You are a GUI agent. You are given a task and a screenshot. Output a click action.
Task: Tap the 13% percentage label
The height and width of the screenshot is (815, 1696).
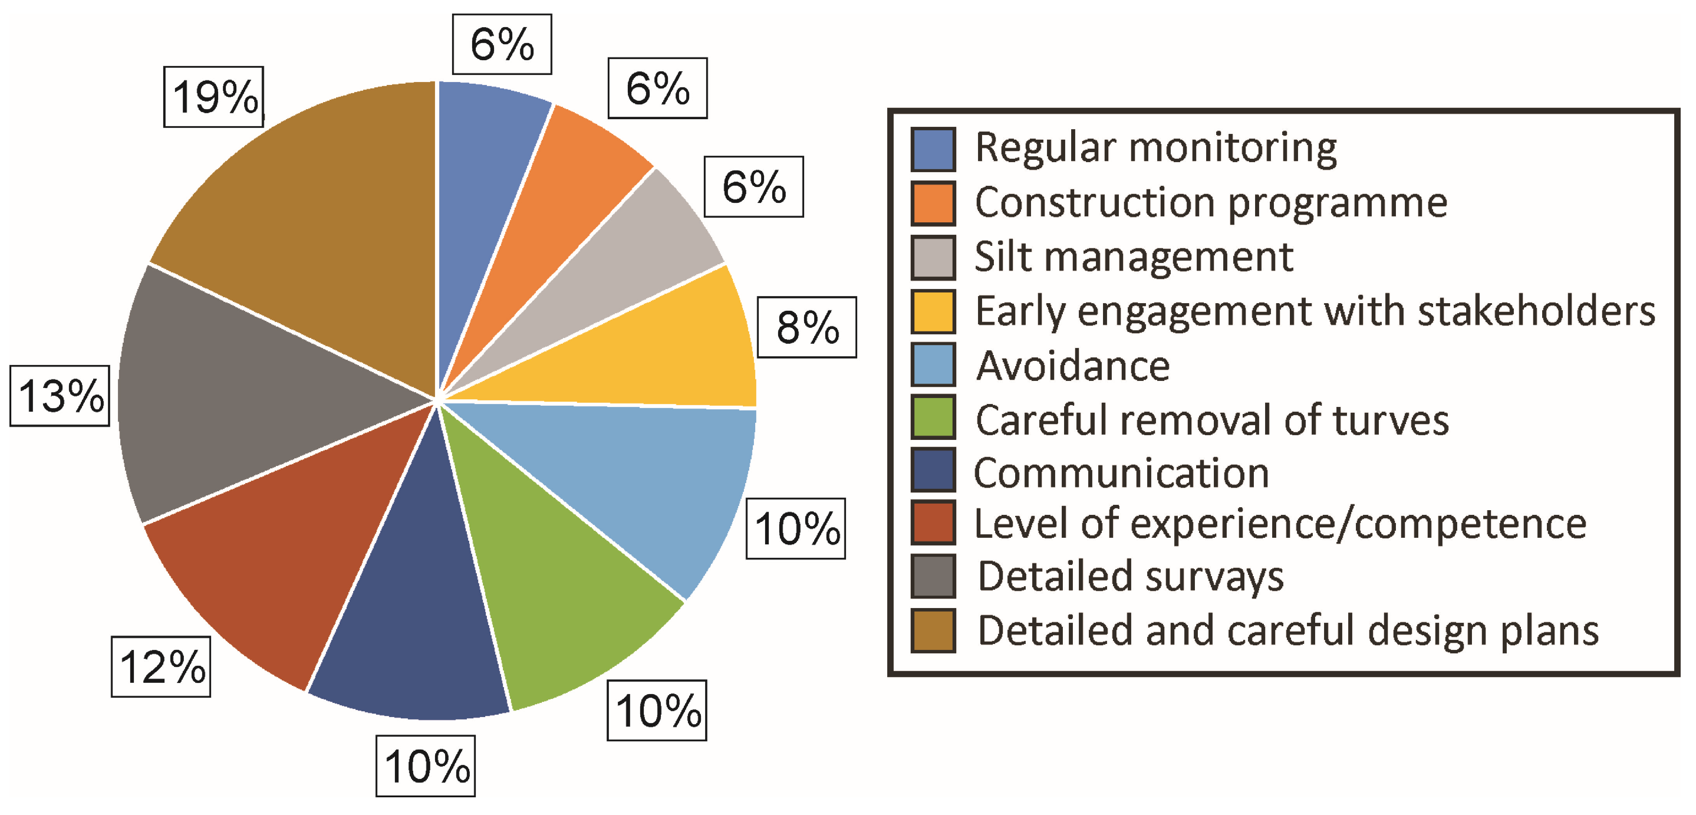[x=60, y=395]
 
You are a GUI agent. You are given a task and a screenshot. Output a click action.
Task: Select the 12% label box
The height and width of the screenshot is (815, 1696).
[x=162, y=666]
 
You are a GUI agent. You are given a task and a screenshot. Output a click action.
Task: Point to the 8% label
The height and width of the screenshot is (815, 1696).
[x=806, y=327]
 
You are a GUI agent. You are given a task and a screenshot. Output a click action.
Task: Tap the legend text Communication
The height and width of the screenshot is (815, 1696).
[x=1121, y=472]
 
